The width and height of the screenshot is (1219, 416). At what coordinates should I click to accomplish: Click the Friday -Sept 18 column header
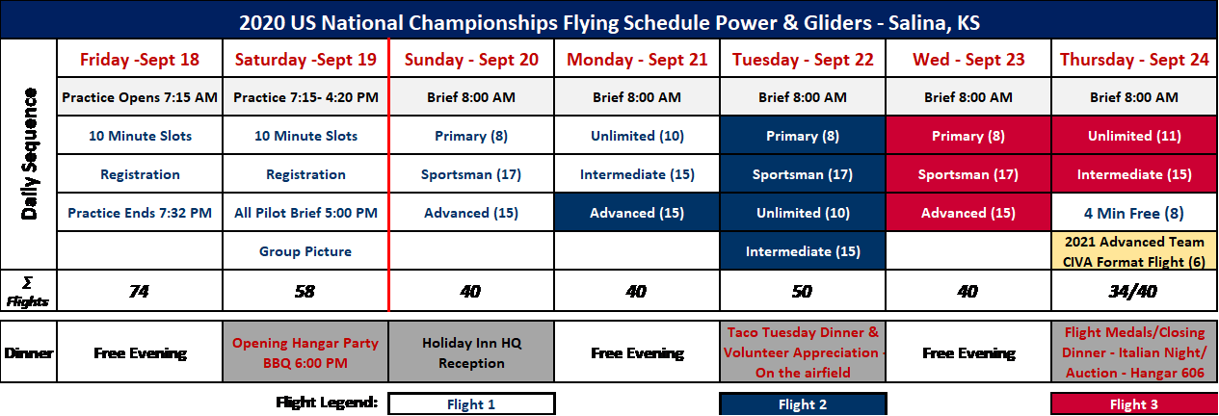click(140, 59)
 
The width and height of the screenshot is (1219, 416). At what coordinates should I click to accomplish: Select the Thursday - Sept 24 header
click(1134, 59)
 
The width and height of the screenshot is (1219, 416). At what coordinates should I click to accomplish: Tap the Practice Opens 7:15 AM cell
click(140, 97)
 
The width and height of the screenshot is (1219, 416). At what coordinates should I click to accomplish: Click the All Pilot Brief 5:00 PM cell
click(305, 213)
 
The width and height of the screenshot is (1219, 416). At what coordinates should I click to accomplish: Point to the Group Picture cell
click(305, 251)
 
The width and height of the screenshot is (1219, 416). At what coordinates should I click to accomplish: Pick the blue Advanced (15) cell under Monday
click(637, 213)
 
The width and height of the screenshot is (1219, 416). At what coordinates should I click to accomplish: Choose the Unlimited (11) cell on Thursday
click(1134, 136)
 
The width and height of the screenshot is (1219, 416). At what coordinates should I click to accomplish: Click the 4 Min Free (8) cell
click(1134, 213)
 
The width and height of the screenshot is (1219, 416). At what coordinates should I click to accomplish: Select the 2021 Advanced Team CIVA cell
click(1134, 251)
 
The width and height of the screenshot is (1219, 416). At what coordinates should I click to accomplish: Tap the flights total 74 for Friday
click(140, 291)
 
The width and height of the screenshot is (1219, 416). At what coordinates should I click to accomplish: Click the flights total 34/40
click(1134, 291)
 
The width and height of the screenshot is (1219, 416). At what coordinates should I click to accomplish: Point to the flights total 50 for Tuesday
click(803, 291)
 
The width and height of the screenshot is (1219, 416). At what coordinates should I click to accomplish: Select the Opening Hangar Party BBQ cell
click(305, 352)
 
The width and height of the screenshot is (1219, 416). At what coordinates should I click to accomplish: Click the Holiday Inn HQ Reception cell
click(471, 352)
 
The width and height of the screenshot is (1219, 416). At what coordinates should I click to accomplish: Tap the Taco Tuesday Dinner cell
click(803, 352)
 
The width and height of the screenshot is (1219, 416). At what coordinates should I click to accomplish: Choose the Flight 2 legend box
click(803, 404)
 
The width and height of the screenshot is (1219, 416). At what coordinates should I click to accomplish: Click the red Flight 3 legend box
click(1134, 404)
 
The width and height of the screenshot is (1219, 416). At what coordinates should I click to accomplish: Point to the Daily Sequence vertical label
click(29, 154)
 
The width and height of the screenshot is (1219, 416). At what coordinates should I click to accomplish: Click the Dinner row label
click(29, 352)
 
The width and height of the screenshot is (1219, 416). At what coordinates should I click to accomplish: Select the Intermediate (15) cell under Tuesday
click(803, 251)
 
